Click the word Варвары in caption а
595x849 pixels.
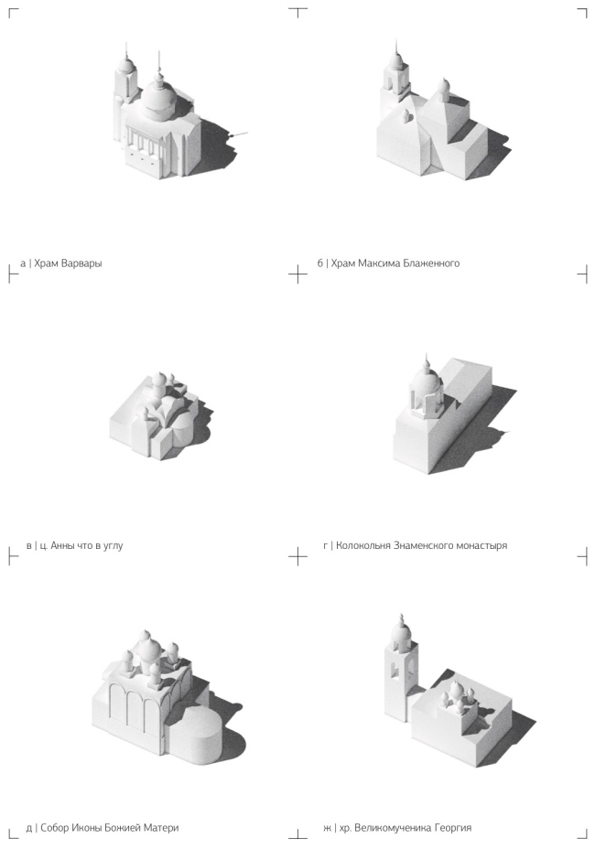tap(81, 263)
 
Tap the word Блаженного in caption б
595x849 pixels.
tap(432, 263)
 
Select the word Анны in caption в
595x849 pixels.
tap(63, 545)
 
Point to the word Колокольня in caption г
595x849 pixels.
tap(362, 545)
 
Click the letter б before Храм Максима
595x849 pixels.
tap(320, 263)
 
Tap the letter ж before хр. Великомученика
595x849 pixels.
tap(328, 828)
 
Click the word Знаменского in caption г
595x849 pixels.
tap(421, 545)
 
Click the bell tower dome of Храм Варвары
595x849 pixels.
tap(126, 64)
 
